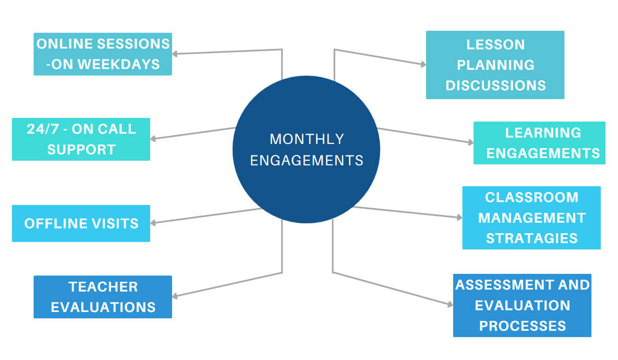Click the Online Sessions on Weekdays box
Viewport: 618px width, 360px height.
(x=103, y=54)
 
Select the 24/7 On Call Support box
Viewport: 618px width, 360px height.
(x=81, y=139)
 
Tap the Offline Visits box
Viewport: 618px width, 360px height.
(x=81, y=223)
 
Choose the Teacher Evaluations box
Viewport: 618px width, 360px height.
(x=103, y=297)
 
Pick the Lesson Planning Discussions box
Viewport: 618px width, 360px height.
(x=495, y=65)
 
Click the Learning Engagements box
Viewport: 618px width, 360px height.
(x=539, y=143)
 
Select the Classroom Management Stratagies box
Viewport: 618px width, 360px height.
(x=531, y=218)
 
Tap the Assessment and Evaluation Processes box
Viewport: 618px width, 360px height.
(x=522, y=306)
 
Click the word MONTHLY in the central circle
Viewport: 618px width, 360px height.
(x=307, y=139)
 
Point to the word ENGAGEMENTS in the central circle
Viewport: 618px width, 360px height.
(x=307, y=161)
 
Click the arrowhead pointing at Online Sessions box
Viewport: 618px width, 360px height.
(x=175, y=54)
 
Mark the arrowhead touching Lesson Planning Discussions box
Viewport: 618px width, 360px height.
(x=423, y=64)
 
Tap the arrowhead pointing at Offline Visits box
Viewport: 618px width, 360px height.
(x=153, y=223)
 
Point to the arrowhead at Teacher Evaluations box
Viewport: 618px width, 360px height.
(x=175, y=296)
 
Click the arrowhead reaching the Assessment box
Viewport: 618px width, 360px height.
(x=450, y=304)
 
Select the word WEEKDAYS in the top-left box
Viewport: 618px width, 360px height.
(x=118, y=64)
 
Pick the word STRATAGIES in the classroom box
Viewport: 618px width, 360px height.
(x=531, y=238)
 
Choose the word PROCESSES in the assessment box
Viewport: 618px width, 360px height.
(x=523, y=326)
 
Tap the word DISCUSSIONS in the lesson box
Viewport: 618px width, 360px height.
(x=495, y=86)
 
